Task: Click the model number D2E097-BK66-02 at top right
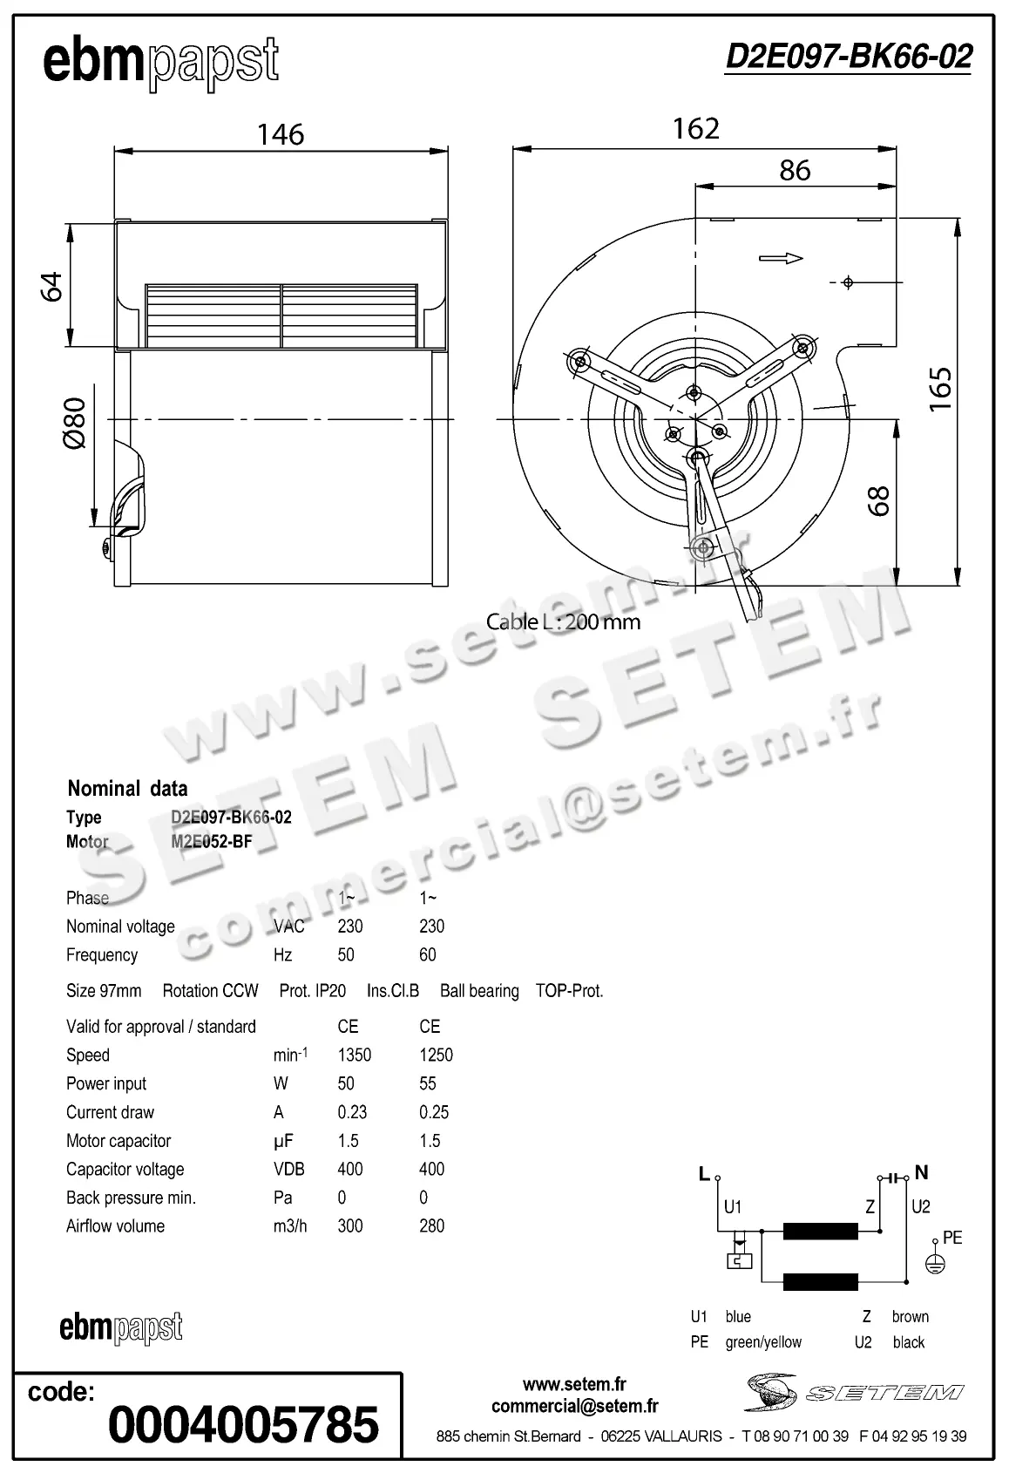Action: [848, 57]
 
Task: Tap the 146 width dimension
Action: [281, 134]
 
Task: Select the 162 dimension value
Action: [695, 129]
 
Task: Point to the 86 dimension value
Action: [795, 170]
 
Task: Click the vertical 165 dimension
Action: [940, 390]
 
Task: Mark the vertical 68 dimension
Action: [879, 500]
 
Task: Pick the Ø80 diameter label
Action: [75, 423]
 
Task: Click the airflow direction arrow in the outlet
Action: [780, 258]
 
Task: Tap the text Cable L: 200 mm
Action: [563, 621]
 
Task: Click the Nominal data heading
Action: [127, 789]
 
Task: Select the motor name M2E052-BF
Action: [211, 842]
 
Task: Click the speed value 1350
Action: [354, 1055]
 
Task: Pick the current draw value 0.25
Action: [433, 1112]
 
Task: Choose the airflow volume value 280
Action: [431, 1225]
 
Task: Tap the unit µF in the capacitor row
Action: [283, 1141]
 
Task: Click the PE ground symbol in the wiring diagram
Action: [935, 1262]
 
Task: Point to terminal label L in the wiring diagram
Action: [704, 1174]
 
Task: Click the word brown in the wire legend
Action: [910, 1316]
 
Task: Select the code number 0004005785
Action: [243, 1424]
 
